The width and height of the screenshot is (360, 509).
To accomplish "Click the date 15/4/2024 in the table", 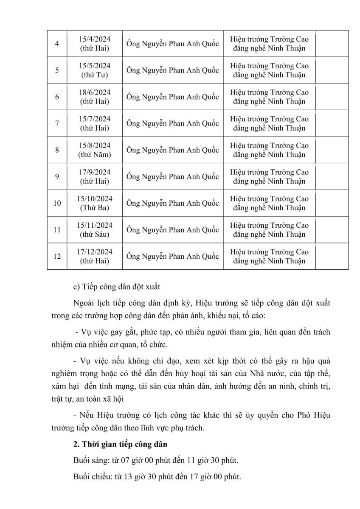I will point(95,39).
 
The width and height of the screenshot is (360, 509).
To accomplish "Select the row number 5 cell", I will point(57,70).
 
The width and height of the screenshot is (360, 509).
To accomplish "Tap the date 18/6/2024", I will point(95,92).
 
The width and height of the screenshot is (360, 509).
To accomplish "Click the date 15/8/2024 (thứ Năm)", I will point(95,150).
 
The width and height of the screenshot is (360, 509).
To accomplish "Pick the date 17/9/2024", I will point(95,172).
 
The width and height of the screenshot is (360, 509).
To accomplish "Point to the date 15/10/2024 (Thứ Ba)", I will point(95,203).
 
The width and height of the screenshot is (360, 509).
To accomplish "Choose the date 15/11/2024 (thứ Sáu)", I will point(95,229).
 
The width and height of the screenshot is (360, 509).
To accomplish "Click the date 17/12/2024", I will point(95,252).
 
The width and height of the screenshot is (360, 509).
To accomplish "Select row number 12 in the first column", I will point(57,256).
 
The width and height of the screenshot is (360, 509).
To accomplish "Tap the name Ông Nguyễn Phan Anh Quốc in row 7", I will point(172,123).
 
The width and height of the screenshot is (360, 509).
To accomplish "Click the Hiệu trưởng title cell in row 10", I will point(269,203).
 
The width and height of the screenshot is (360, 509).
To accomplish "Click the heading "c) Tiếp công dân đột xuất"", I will point(117,287).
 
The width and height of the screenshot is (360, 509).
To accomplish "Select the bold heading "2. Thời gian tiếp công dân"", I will point(120,445).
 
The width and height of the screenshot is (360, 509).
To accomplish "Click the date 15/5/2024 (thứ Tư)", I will point(95,70).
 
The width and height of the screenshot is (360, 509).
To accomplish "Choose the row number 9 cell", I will point(57,176).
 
